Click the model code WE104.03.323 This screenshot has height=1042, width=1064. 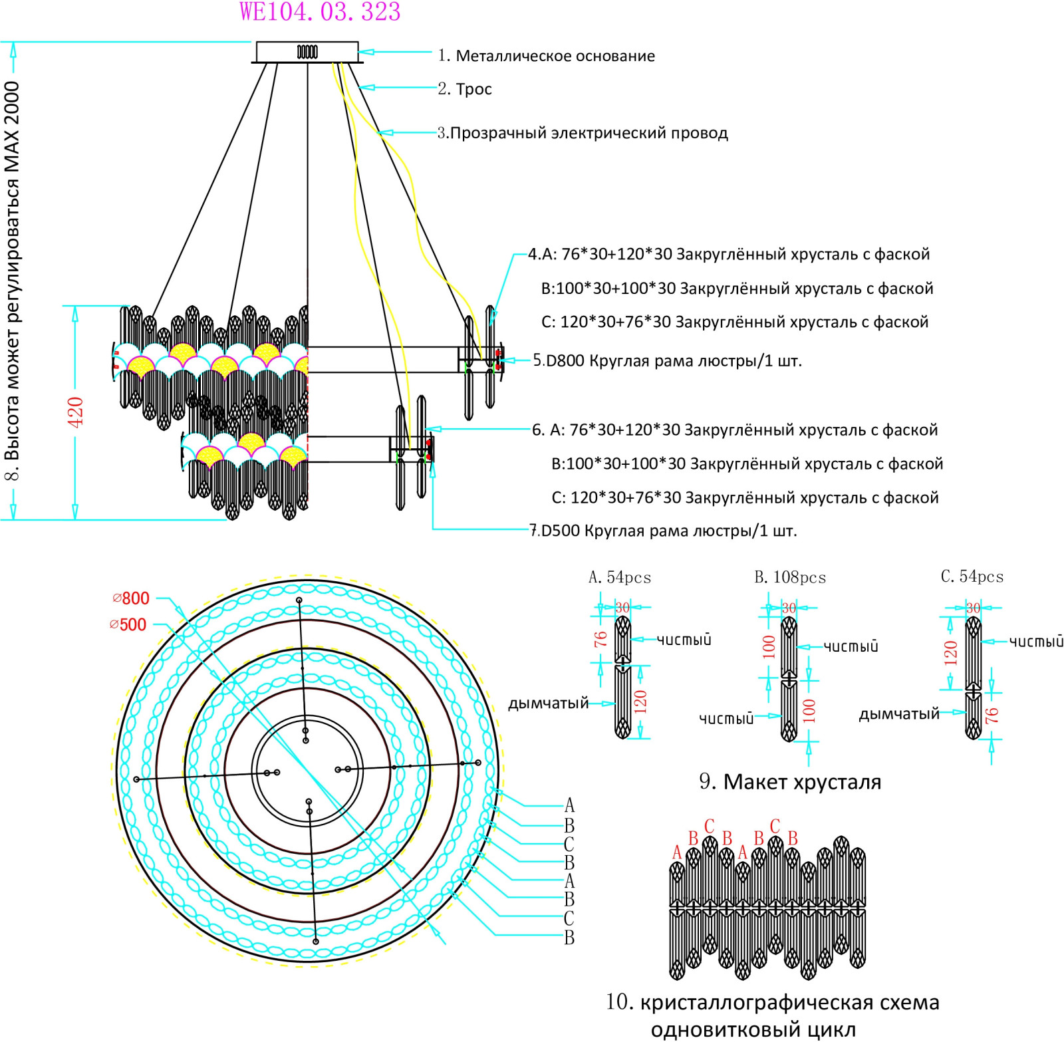point(320,12)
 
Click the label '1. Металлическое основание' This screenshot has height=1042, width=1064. point(546,56)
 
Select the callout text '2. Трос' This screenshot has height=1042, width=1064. point(465,89)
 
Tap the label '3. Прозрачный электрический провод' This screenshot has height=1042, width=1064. point(583,133)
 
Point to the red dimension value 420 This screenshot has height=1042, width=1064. point(75,412)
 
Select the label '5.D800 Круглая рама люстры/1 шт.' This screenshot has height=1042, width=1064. point(668,361)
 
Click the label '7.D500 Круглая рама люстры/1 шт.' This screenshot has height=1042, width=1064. point(663,531)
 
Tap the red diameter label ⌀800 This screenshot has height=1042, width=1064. point(131,598)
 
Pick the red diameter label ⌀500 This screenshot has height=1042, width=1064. point(128,625)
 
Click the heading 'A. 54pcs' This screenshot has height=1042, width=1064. point(620,577)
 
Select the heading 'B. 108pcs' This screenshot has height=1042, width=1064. point(790,577)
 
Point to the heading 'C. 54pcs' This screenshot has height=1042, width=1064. point(972,577)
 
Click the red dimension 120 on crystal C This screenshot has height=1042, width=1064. point(950,653)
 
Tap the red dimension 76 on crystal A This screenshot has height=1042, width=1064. point(600,639)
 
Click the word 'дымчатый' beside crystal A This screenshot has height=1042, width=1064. point(549,703)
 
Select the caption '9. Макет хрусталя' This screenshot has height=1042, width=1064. point(790,781)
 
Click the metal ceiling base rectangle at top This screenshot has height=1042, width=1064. point(307,52)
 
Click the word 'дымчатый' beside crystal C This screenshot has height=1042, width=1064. point(899,714)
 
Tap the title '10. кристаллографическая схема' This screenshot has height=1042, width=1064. point(773,1002)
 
